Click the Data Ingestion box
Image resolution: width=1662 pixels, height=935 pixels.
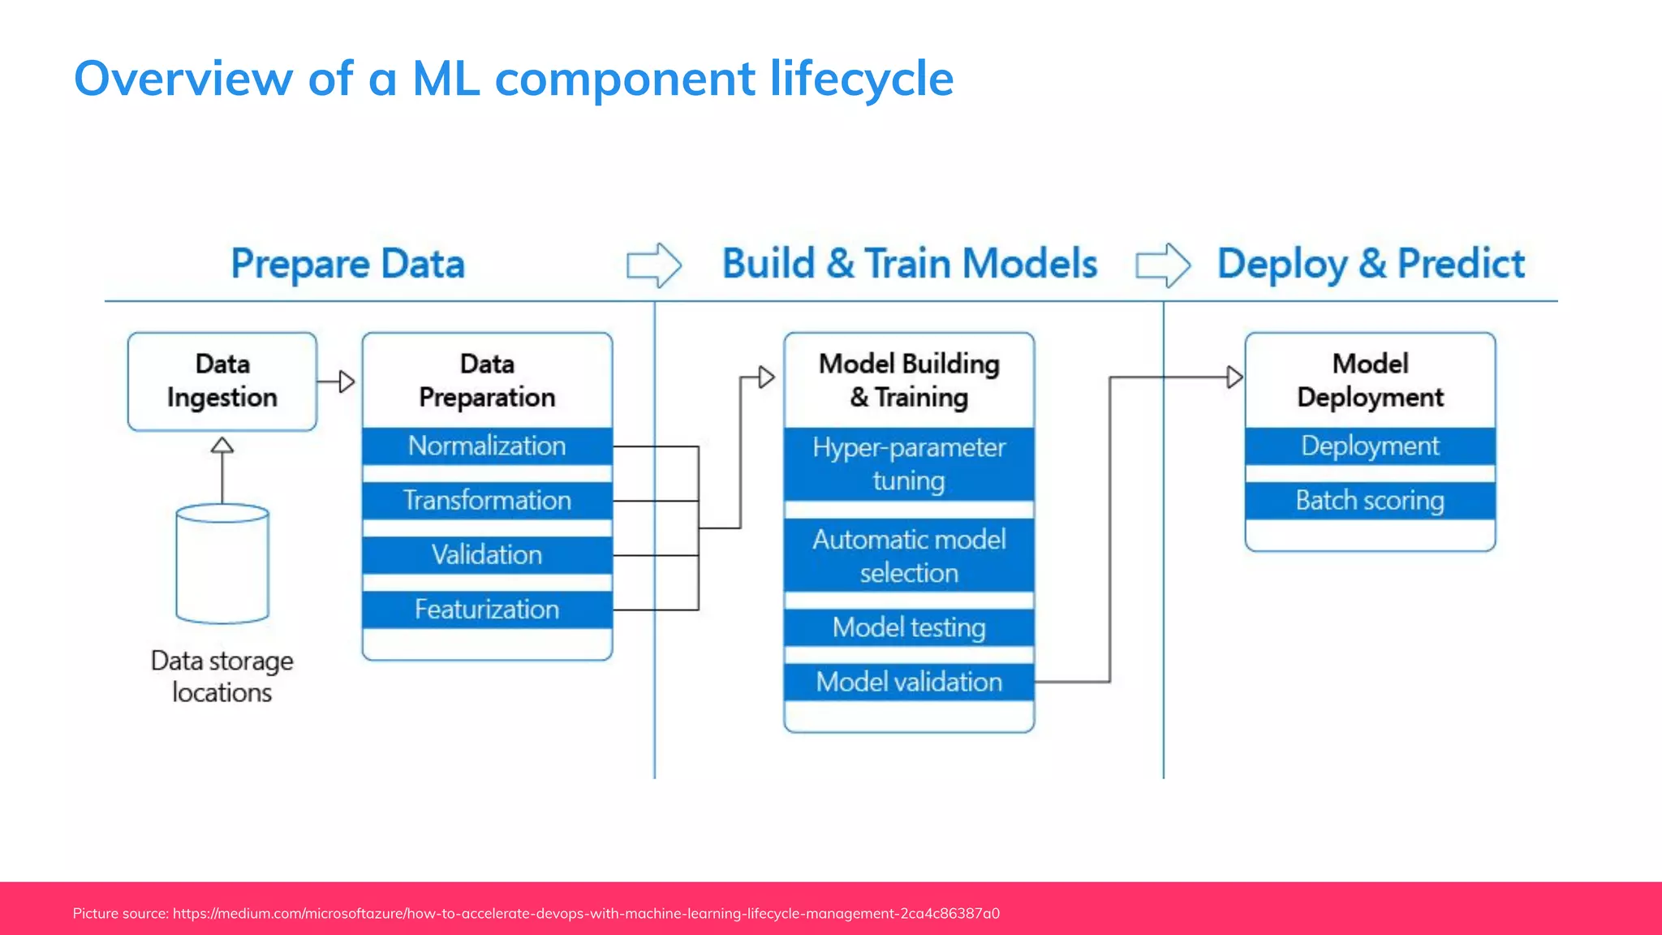pyautogui.click(x=222, y=381)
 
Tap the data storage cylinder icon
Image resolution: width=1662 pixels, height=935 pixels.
pyautogui.click(x=222, y=564)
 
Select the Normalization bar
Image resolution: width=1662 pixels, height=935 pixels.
pyautogui.click(x=487, y=446)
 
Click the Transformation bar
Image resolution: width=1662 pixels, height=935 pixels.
pyautogui.click(x=487, y=500)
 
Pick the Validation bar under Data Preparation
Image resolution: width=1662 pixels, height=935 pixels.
pyautogui.click(x=487, y=554)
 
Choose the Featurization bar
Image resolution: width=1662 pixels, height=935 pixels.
pyautogui.click(x=487, y=609)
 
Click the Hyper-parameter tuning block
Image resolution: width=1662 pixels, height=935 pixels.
pyautogui.click(x=909, y=463)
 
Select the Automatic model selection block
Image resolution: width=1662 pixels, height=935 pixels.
pyautogui.click(x=909, y=556)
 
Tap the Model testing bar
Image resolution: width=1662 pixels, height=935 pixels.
pyautogui.click(x=909, y=627)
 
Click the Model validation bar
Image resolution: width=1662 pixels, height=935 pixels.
pyautogui.click(x=909, y=682)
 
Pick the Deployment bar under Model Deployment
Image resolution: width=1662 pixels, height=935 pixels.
pyautogui.click(x=1370, y=446)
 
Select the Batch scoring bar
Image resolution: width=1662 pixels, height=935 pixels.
pyautogui.click(x=1370, y=500)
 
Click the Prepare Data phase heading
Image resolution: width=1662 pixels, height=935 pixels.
pyautogui.click(x=347, y=264)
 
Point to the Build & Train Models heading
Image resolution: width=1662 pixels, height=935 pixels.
pyautogui.click(x=909, y=264)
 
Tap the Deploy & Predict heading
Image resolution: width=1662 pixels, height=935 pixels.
pyautogui.click(x=1371, y=264)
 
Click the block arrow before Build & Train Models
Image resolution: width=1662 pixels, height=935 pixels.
pyautogui.click(x=653, y=265)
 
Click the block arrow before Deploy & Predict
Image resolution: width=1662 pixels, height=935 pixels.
pyautogui.click(x=1162, y=265)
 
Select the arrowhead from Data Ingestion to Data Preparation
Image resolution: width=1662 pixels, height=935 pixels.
pyautogui.click(x=347, y=381)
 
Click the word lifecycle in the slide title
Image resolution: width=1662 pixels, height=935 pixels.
pyautogui.click(x=861, y=78)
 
